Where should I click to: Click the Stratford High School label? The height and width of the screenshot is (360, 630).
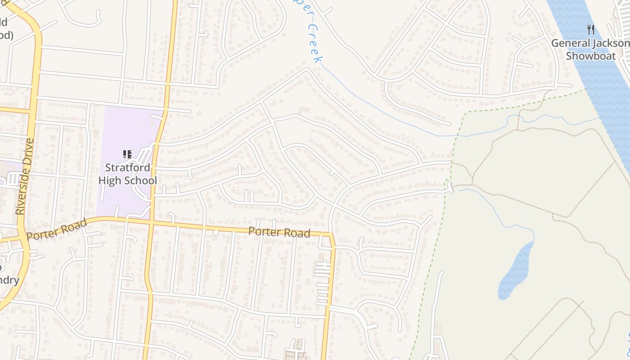(127, 174)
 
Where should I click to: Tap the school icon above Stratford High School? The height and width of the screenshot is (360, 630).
(127, 155)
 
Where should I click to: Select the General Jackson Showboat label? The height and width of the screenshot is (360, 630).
(590, 49)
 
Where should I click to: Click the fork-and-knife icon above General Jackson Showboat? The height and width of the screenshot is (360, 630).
(591, 30)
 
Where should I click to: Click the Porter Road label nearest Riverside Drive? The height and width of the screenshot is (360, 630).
(56, 229)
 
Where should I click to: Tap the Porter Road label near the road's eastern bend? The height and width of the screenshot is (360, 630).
(279, 232)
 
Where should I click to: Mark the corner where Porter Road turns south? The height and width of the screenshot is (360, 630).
(332, 235)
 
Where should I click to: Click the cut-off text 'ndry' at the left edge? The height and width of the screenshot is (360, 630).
(9, 280)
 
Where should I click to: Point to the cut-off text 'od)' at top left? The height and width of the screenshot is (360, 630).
(6, 35)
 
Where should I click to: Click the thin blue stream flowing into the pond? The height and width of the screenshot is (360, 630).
(499, 211)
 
